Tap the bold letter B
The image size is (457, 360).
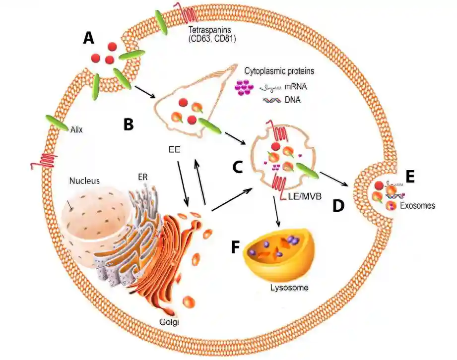128,124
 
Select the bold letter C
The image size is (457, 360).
237,167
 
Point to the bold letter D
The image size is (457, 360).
338,205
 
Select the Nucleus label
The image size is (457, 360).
85,180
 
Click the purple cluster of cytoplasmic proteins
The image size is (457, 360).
244,87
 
